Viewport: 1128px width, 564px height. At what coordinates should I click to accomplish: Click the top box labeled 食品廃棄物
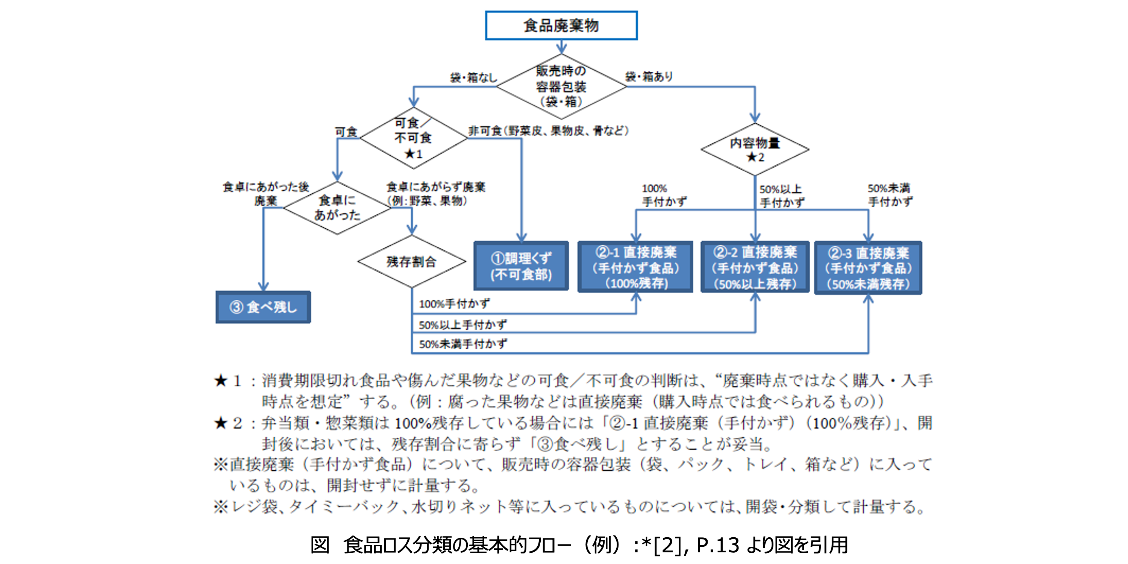(x=561, y=26)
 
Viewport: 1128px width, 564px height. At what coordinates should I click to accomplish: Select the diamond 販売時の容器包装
(x=561, y=86)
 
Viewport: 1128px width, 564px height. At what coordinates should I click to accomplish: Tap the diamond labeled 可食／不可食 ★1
(x=413, y=138)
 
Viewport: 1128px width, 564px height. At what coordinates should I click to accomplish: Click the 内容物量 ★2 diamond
(x=755, y=149)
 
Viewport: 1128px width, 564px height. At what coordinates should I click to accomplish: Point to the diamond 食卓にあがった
(x=337, y=208)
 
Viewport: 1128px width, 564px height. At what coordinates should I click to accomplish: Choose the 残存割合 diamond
(x=412, y=262)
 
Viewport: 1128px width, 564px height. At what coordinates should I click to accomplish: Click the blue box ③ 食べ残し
(x=263, y=307)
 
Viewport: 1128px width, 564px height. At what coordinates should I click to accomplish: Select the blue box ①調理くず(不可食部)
(x=521, y=266)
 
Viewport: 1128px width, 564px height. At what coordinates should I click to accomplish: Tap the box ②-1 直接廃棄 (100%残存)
(x=635, y=267)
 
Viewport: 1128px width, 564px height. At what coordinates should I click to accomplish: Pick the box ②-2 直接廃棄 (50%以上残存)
(x=755, y=267)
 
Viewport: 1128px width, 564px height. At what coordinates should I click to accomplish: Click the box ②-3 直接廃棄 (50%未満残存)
(x=868, y=268)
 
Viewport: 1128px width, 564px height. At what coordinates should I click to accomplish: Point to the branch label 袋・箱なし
(x=474, y=77)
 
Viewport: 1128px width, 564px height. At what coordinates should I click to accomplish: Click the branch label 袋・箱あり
(x=649, y=77)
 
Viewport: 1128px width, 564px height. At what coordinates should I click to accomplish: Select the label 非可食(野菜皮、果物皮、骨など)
(x=548, y=130)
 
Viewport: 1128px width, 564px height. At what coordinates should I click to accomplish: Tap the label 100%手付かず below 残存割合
(x=454, y=303)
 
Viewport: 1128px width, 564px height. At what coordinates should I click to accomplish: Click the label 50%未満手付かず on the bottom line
(x=463, y=344)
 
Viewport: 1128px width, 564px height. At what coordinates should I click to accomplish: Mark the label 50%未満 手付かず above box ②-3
(x=890, y=195)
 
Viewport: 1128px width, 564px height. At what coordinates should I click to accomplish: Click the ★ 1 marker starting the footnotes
(x=228, y=381)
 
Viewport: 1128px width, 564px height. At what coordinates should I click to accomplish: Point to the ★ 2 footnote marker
(x=228, y=423)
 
